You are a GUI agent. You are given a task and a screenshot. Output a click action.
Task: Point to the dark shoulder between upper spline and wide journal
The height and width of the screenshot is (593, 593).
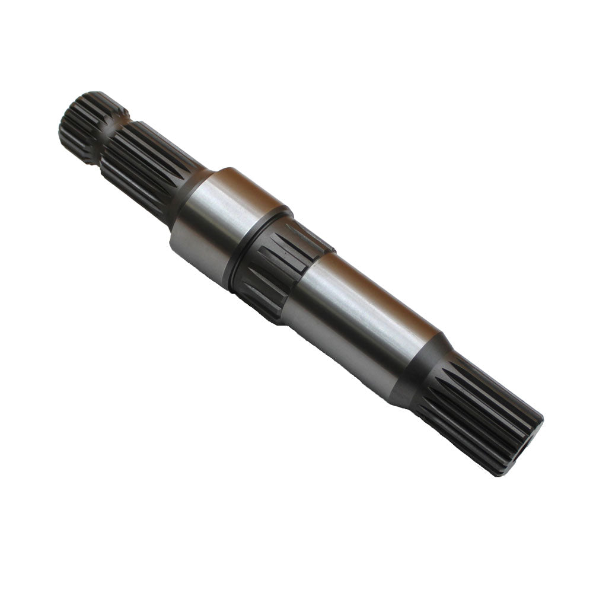tap(187, 196)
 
